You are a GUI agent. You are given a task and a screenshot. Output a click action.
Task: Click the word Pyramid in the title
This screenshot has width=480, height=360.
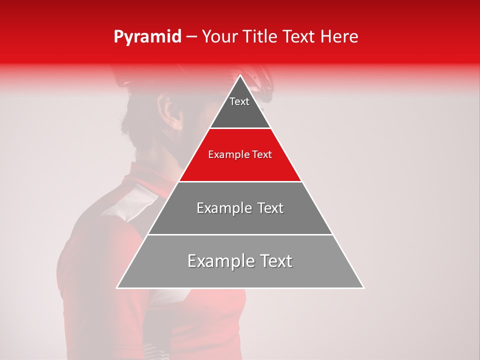tap(147, 37)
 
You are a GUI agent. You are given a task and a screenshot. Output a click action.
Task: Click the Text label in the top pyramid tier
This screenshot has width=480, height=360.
tap(239, 101)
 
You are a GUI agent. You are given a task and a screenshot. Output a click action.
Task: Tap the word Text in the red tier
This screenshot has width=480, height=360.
tap(262, 154)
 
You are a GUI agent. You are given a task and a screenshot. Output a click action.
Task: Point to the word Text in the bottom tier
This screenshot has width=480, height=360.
tap(276, 261)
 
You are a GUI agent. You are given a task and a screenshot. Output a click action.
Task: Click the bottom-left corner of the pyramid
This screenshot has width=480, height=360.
tap(117, 287)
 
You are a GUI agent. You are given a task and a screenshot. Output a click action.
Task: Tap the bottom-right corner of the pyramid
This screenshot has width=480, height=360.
tap(363, 287)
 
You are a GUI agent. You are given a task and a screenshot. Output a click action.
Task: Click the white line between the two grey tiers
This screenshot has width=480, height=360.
tap(240, 234)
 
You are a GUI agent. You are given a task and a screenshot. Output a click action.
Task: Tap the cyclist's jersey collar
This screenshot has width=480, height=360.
tap(145, 175)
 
